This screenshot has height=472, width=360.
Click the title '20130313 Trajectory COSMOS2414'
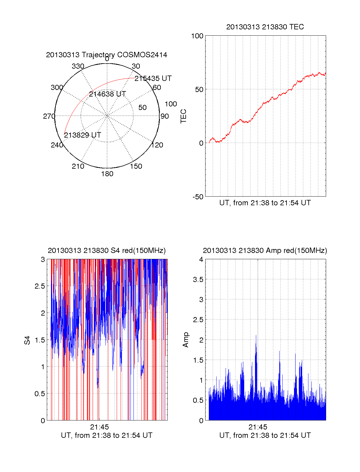coord(106,55)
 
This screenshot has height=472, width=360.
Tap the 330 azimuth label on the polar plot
coord(78,66)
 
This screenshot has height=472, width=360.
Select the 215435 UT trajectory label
coord(153,79)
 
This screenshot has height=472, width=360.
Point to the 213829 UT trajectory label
coord(82,135)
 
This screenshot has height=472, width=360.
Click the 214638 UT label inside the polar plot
coord(107,94)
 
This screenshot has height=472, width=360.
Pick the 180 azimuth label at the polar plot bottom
coord(107,174)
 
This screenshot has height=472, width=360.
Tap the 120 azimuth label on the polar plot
coord(157,145)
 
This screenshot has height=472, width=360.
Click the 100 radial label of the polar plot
coord(171,104)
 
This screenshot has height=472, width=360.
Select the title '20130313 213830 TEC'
coord(265,27)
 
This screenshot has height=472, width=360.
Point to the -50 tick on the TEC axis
coord(198,197)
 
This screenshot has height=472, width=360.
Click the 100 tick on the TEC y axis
coord(197,36)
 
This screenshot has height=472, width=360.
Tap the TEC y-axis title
coord(184,116)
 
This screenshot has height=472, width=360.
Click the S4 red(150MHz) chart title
coord(106,251)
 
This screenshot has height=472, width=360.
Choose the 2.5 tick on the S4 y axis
coord(40,286)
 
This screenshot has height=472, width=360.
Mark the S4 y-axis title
coord(27,340)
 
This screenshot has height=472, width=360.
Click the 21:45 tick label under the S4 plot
coord(99,427)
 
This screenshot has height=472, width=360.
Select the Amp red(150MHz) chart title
coord(265,251)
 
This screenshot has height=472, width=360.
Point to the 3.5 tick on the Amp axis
coord(198,280)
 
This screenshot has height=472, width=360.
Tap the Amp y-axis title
coord(186,340)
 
